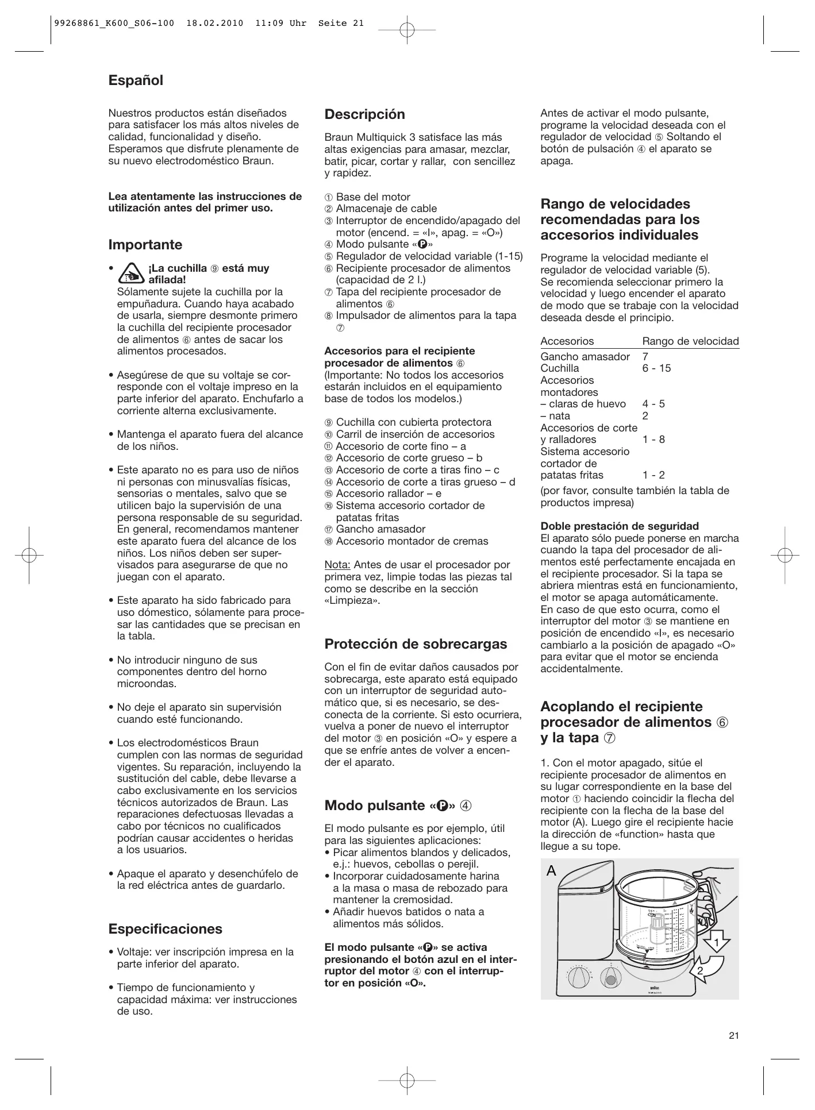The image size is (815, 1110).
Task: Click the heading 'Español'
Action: point(136,80)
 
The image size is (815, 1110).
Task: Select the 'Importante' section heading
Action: point(145,245)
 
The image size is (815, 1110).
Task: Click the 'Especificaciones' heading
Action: point(166,929)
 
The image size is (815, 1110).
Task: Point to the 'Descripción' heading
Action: point(365,114)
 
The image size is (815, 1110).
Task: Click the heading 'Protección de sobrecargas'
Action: point(416,644)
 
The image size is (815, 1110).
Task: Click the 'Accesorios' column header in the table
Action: point(567,341)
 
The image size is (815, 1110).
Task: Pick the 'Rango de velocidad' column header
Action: point(691,341)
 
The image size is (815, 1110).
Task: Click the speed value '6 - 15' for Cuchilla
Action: point(656,368)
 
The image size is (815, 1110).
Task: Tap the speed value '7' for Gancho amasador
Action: point(645,357)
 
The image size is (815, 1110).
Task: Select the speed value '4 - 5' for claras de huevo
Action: point(653,404)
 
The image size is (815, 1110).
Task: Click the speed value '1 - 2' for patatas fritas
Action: point(653,475)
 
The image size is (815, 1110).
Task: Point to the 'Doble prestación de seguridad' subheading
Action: point(620,526)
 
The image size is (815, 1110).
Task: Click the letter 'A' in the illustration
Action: point(552,871)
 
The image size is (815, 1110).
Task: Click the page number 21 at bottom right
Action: point(733,1036)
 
